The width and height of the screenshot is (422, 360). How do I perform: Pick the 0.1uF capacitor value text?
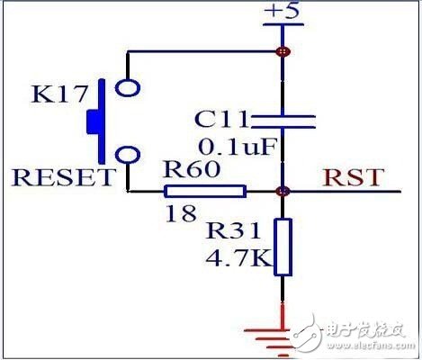coord(229,146)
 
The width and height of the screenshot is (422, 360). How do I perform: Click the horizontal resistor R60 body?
coord(205,191)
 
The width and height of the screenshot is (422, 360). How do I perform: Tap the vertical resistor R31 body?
coord(283,246)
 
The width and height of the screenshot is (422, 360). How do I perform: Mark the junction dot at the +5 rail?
coord(283,51)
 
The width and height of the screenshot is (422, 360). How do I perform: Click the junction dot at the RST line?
coord(283,191)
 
